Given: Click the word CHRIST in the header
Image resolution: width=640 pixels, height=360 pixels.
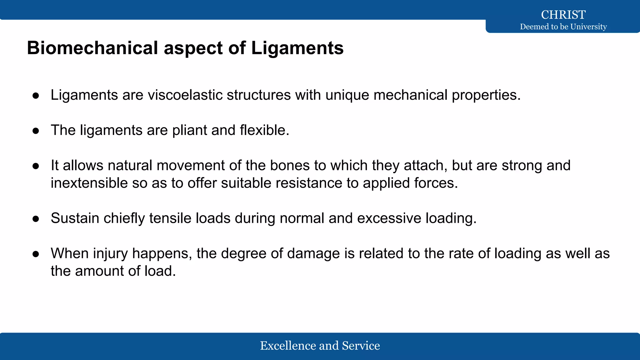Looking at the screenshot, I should [563, 15].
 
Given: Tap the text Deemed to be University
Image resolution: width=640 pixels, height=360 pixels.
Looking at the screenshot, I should [563, 27].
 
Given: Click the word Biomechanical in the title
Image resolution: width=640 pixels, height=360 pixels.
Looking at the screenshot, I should [92, 48].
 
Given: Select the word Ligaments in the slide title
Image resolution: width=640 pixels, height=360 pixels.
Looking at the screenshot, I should [297, 48].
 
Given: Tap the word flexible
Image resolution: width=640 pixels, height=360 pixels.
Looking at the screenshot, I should [264, 130].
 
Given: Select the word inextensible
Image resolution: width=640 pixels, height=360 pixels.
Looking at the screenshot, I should [89, 183].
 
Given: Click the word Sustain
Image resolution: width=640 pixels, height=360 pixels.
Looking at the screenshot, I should [75, 218].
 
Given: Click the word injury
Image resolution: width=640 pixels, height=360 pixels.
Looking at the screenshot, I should [110, 253].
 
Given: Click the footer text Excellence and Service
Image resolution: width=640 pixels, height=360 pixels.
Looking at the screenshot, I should [320, 346].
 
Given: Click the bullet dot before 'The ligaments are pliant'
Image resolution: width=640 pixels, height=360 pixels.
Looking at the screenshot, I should [36, 131].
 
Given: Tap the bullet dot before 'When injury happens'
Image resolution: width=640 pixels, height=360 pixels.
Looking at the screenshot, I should [36, 254].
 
